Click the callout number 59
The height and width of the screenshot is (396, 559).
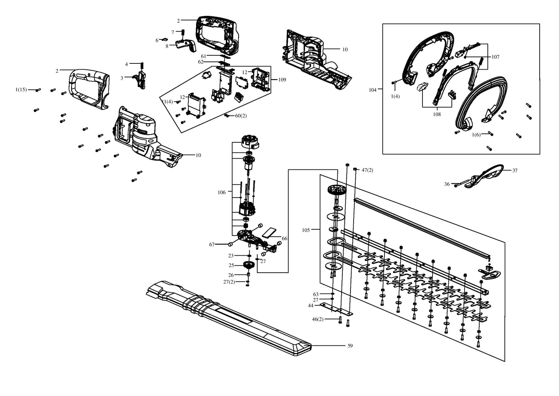point(350,346)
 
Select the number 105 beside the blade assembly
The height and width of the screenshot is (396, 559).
point(306,230)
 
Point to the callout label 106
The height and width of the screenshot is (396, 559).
point(222,192)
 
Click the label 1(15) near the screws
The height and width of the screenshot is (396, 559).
point(21,89)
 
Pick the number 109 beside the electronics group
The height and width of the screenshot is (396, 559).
point(282,80)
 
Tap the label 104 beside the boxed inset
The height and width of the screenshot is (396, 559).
point(373,90)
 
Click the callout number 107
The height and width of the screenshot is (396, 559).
point(496,57)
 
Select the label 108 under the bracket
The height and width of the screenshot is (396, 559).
point(437,114)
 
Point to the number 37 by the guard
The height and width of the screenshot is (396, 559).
point(515,171)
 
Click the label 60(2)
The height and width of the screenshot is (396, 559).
point(241,116)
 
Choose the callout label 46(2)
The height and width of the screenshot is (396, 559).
point(318,319)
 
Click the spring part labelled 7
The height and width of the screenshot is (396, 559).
point(183,33)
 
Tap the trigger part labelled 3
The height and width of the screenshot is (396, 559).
point(141,79)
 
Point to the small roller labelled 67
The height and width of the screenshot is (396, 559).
point(231,244)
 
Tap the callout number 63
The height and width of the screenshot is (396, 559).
point(316,294)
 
